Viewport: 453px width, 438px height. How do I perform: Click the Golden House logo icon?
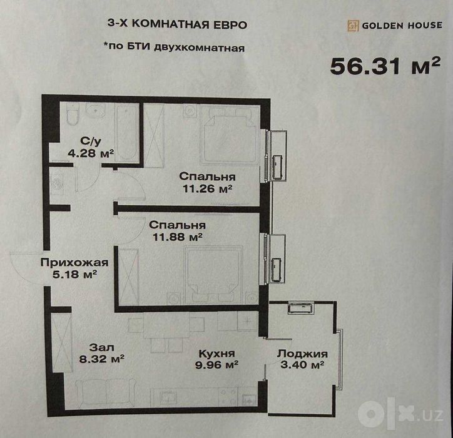point(353,26)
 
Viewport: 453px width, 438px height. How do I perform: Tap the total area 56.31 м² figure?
point(385,66)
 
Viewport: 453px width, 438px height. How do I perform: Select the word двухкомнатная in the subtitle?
point(200,48)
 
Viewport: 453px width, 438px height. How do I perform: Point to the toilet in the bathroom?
point(72,114)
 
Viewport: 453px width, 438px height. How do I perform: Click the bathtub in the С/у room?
point(126,133)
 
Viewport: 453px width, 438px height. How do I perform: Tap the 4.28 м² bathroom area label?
point(91,153)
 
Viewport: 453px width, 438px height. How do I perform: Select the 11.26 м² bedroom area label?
point(208,189)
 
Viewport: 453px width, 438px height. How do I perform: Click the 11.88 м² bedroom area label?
point(177,237)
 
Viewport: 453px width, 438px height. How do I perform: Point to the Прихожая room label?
point(74,263)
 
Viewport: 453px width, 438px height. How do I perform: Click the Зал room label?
point(102,347)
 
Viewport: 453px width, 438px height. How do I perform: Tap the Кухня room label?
point(216,354)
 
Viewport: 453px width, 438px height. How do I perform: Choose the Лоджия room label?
point(302,354)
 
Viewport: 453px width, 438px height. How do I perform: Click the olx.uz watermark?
point(400,415)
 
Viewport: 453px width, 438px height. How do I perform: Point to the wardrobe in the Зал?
point(62,343)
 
